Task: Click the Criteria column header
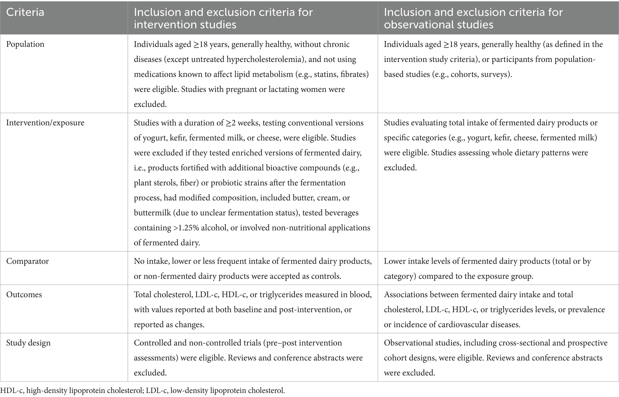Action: coord(25,13)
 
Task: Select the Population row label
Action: coord(25,44)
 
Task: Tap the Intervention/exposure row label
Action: coord(45,123)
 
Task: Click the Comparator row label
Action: coord(27,261)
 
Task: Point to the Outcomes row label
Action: coord(24,295)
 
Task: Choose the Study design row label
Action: coord(28,343)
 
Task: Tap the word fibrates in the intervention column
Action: coord(354,74)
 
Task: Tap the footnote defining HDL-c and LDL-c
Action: coord(143,390)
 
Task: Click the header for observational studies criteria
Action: coord(473,18)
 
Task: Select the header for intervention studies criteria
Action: coord(223,18)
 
